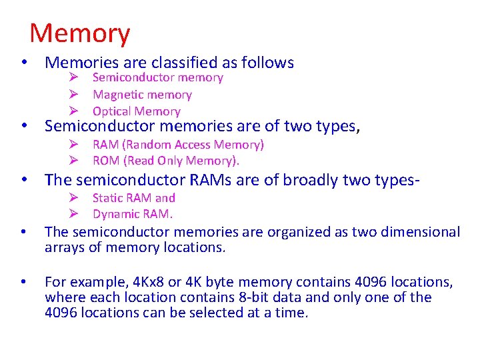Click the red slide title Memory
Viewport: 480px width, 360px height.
pos(80,33)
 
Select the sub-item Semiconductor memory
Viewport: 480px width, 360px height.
pos(157,78)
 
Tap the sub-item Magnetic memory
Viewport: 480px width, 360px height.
pos(142,95)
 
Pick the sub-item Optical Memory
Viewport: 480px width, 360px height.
pos(136,111)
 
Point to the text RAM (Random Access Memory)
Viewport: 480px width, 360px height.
pos(178,145)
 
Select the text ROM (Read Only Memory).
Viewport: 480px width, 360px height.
pos(166,161)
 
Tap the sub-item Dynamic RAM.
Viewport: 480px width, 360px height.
pos(133,214)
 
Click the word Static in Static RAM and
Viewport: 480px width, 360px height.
pos(106,198)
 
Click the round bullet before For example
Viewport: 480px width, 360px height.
pos(24,281)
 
